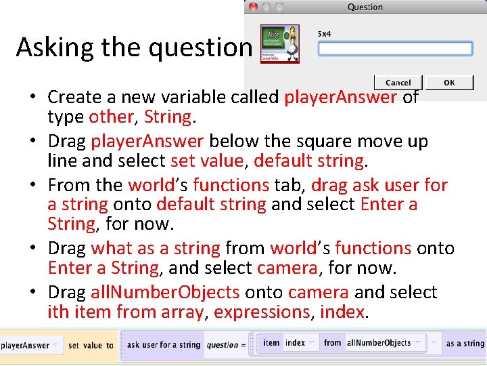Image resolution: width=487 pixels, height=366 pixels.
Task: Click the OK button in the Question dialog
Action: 449,83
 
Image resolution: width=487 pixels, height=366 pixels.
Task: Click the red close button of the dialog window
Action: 253,7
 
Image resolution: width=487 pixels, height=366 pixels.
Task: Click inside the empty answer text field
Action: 395,49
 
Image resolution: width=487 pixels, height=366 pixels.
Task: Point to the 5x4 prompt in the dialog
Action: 324,33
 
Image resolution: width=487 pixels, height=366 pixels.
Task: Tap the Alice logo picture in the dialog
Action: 280,44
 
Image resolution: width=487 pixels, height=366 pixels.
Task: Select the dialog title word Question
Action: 365,7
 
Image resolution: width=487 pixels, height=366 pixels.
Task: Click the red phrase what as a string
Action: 156,248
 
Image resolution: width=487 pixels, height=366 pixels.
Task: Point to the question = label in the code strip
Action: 223,345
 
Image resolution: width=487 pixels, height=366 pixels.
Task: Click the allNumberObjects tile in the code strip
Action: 378,343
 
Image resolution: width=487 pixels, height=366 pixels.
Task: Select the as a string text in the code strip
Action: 465,344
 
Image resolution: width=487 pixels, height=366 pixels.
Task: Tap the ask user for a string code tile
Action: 164,345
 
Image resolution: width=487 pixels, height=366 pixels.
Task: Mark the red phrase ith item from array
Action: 125,312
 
